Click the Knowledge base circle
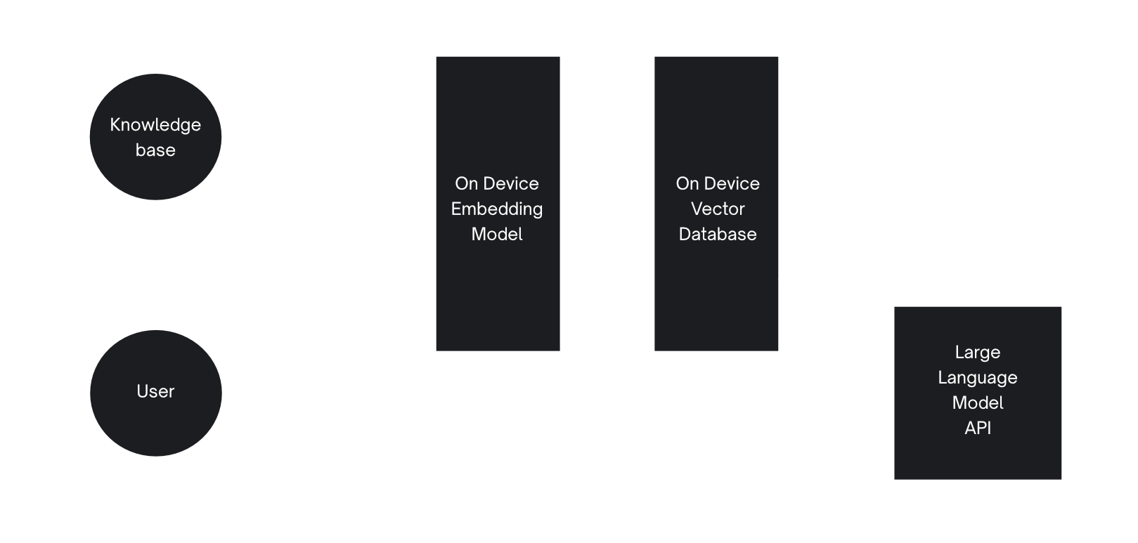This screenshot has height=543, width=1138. point(155,137)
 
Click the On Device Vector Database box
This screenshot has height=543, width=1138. point(716,295)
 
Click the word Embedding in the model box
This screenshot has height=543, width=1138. point(497,209)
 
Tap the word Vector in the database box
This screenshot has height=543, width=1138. point(718,209)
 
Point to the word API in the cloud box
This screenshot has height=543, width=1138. point(978,428)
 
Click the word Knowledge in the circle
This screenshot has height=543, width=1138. point(155,125)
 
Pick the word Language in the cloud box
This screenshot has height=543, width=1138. point(978,377)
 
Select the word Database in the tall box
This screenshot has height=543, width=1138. point(718,234)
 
